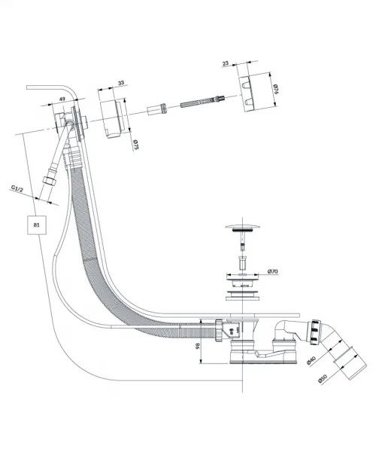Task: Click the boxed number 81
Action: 37,224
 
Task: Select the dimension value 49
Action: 62,99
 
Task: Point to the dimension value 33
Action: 121,83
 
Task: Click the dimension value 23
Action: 226,63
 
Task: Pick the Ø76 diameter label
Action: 275,89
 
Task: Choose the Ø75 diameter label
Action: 136,145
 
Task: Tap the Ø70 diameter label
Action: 272,271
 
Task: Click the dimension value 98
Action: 198,346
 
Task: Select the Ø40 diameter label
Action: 311,360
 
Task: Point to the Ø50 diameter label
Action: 323,378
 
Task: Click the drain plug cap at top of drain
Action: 242,228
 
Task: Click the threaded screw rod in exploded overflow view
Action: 202,101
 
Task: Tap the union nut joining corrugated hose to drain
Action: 219,330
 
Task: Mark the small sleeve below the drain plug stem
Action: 242,261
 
